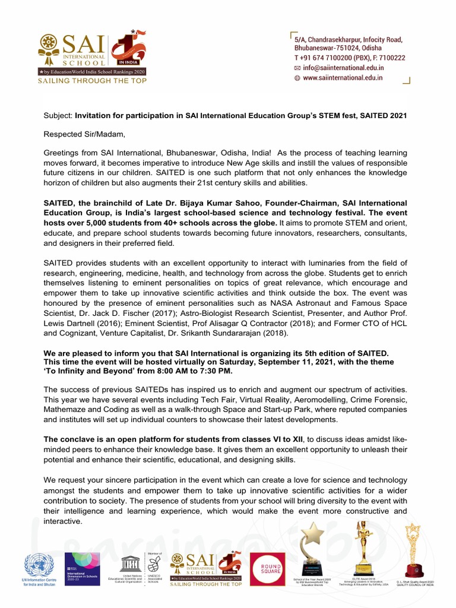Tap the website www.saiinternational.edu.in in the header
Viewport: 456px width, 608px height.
(x=343, y=78)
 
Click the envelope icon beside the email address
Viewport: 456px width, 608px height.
(x=297, y=68)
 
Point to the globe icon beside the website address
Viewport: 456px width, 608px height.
(x=297, y=78)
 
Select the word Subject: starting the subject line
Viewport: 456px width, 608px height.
(x=58, y=115)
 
